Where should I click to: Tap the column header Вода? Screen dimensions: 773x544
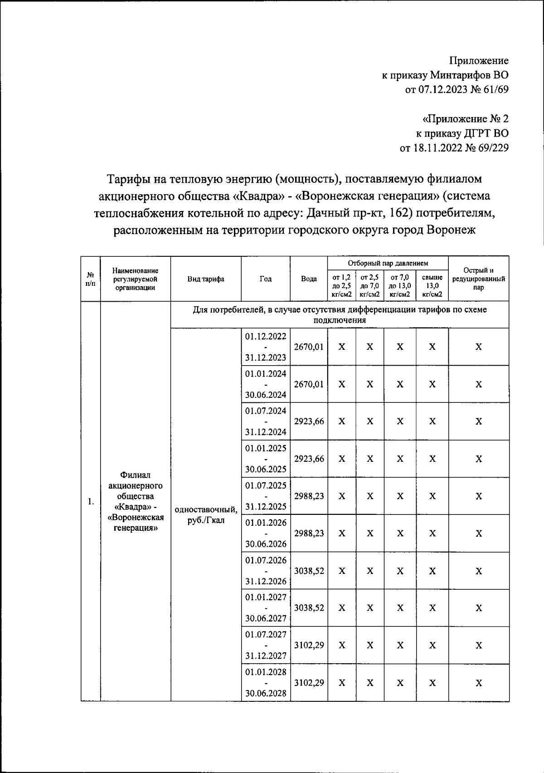[x=309, y=279]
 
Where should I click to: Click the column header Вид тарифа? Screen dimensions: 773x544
[x=206, y=279]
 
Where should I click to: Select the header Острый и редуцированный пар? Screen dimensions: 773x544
[x=479, y=279]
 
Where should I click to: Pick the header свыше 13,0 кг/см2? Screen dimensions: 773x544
[x=432, y=286]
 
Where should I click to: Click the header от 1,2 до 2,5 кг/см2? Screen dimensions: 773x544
[x=342, y=286]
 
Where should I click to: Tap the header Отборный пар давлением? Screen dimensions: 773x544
[x=388, y=263]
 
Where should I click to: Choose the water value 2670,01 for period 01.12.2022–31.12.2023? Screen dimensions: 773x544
[x=309, y=347]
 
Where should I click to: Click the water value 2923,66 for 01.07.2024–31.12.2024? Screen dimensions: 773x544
[x=309, y=421]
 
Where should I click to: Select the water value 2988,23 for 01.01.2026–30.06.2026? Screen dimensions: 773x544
[x=309, y=533]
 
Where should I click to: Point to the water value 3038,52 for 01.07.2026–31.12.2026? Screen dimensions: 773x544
[x=309, y=571]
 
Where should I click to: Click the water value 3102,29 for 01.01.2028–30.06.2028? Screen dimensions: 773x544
[x=309, y=682]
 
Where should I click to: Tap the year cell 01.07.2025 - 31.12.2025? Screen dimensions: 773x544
[x=266, y=496]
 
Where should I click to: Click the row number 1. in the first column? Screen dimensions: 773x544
[x=91, y=501]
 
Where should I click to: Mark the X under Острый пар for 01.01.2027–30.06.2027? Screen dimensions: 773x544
[x=479, y=608]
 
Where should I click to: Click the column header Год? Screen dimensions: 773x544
[x=266, y=279]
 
